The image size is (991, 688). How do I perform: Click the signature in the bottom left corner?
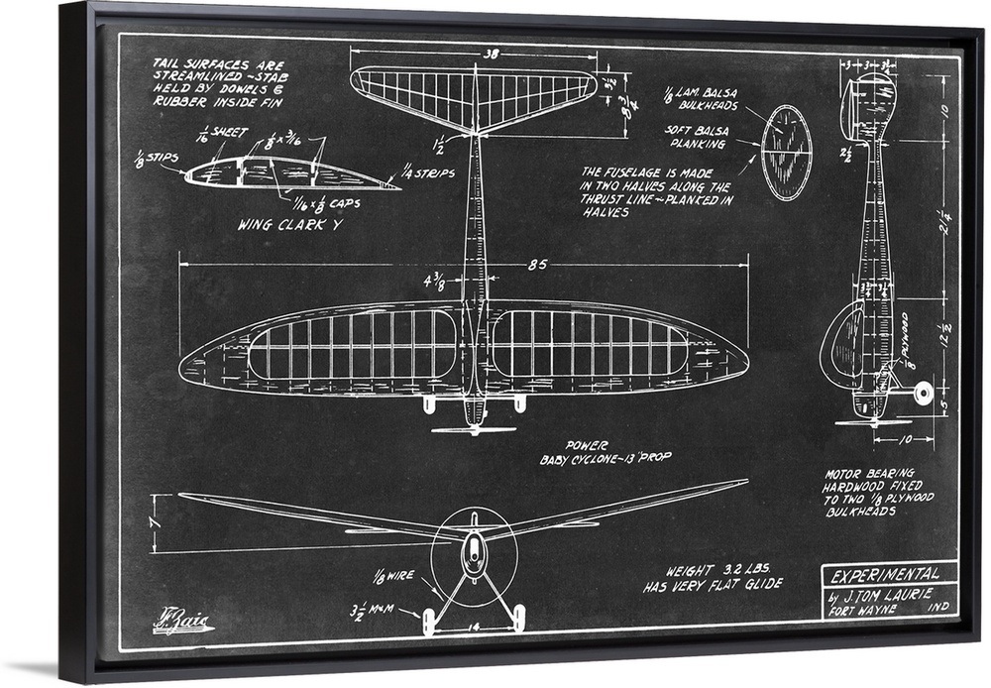(182, 623)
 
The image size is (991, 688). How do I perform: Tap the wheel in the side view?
(924, 393)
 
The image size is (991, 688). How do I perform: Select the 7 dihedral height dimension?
(152, 519)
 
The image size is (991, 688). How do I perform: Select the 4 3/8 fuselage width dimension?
(433, 283)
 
